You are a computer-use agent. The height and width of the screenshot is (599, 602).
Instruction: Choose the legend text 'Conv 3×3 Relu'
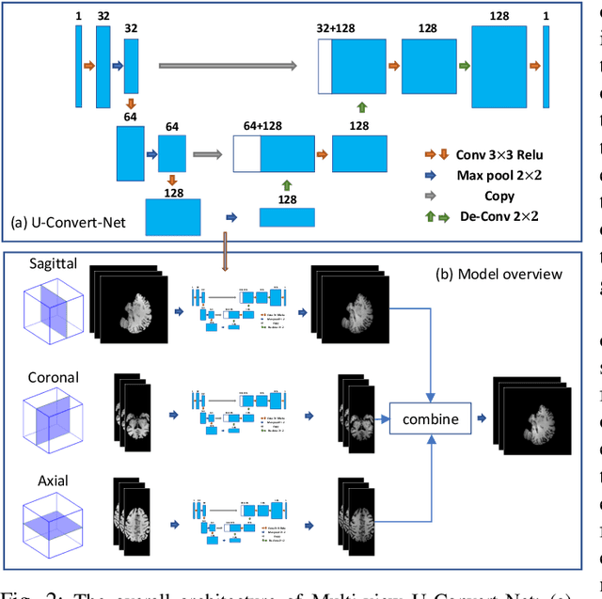pyautogui.click(x=499, y=153)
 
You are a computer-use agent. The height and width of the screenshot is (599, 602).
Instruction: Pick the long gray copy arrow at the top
pyautogui.click(x=228, y=66)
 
